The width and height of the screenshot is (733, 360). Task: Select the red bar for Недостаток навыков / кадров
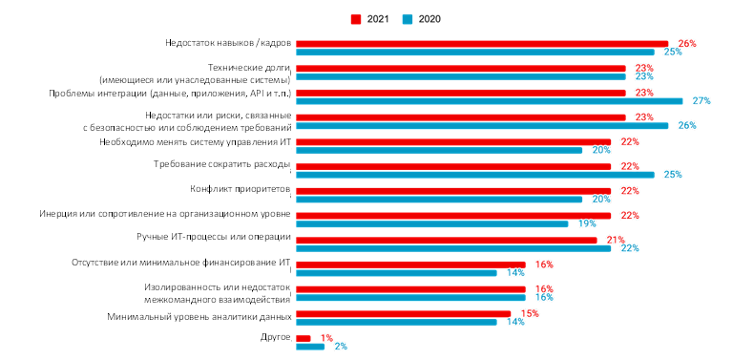coord(482,44)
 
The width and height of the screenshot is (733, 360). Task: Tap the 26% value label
coord(686,44)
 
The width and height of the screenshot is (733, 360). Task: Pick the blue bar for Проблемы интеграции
coord(490,100)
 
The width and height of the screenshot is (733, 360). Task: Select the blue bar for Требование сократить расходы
coord(475,175)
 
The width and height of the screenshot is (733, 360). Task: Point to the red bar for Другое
coord(304,338)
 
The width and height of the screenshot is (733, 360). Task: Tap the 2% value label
coord(341,347)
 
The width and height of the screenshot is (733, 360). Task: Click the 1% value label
coord(326,338)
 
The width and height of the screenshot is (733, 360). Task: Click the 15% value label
coord(530,313)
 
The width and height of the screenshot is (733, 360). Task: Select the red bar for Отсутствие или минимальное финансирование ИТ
coord(410,265)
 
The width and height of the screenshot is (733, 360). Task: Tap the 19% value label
coord(586,223)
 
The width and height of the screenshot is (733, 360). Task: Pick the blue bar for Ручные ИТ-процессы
coord(453,248)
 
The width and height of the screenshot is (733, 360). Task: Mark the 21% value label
coord(615,240)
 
